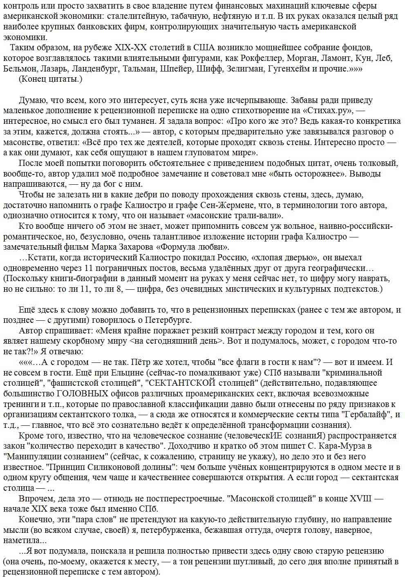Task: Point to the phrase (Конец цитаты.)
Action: [51, 79]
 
